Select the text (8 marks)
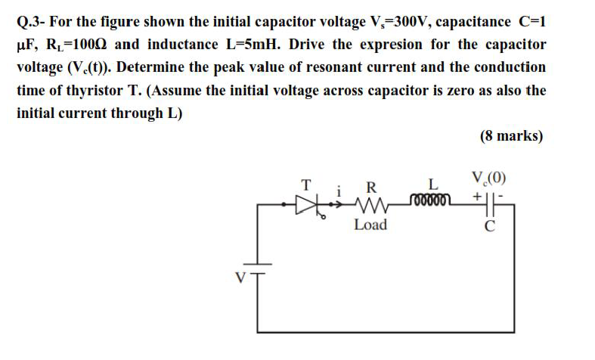pyautogui.click(x=511, y=136)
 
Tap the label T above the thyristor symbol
pyautogui.click(x=306, y=184)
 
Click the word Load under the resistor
pyautogui.click(x=370, y=225)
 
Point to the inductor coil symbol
pyautogui.click(x=430, y=200)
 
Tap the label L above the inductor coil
pyautogui.click(x=432, y=184)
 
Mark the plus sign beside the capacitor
pyautogui.click(x=477, y=196)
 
